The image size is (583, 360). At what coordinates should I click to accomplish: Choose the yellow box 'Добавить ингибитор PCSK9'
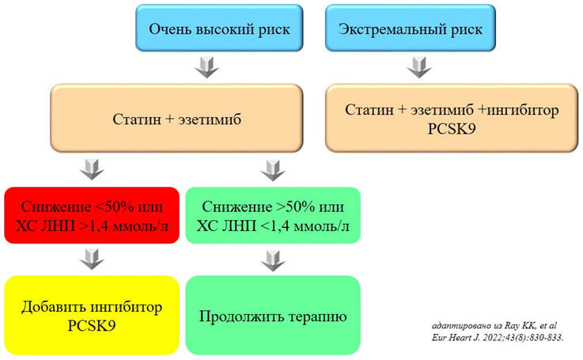tap(93, 315)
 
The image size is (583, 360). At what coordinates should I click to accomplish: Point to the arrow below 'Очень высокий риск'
tap(204, 66)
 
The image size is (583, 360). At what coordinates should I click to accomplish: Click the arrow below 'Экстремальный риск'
tap(416, 66)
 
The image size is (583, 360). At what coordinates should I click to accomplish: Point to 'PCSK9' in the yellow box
tap(93, 325)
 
